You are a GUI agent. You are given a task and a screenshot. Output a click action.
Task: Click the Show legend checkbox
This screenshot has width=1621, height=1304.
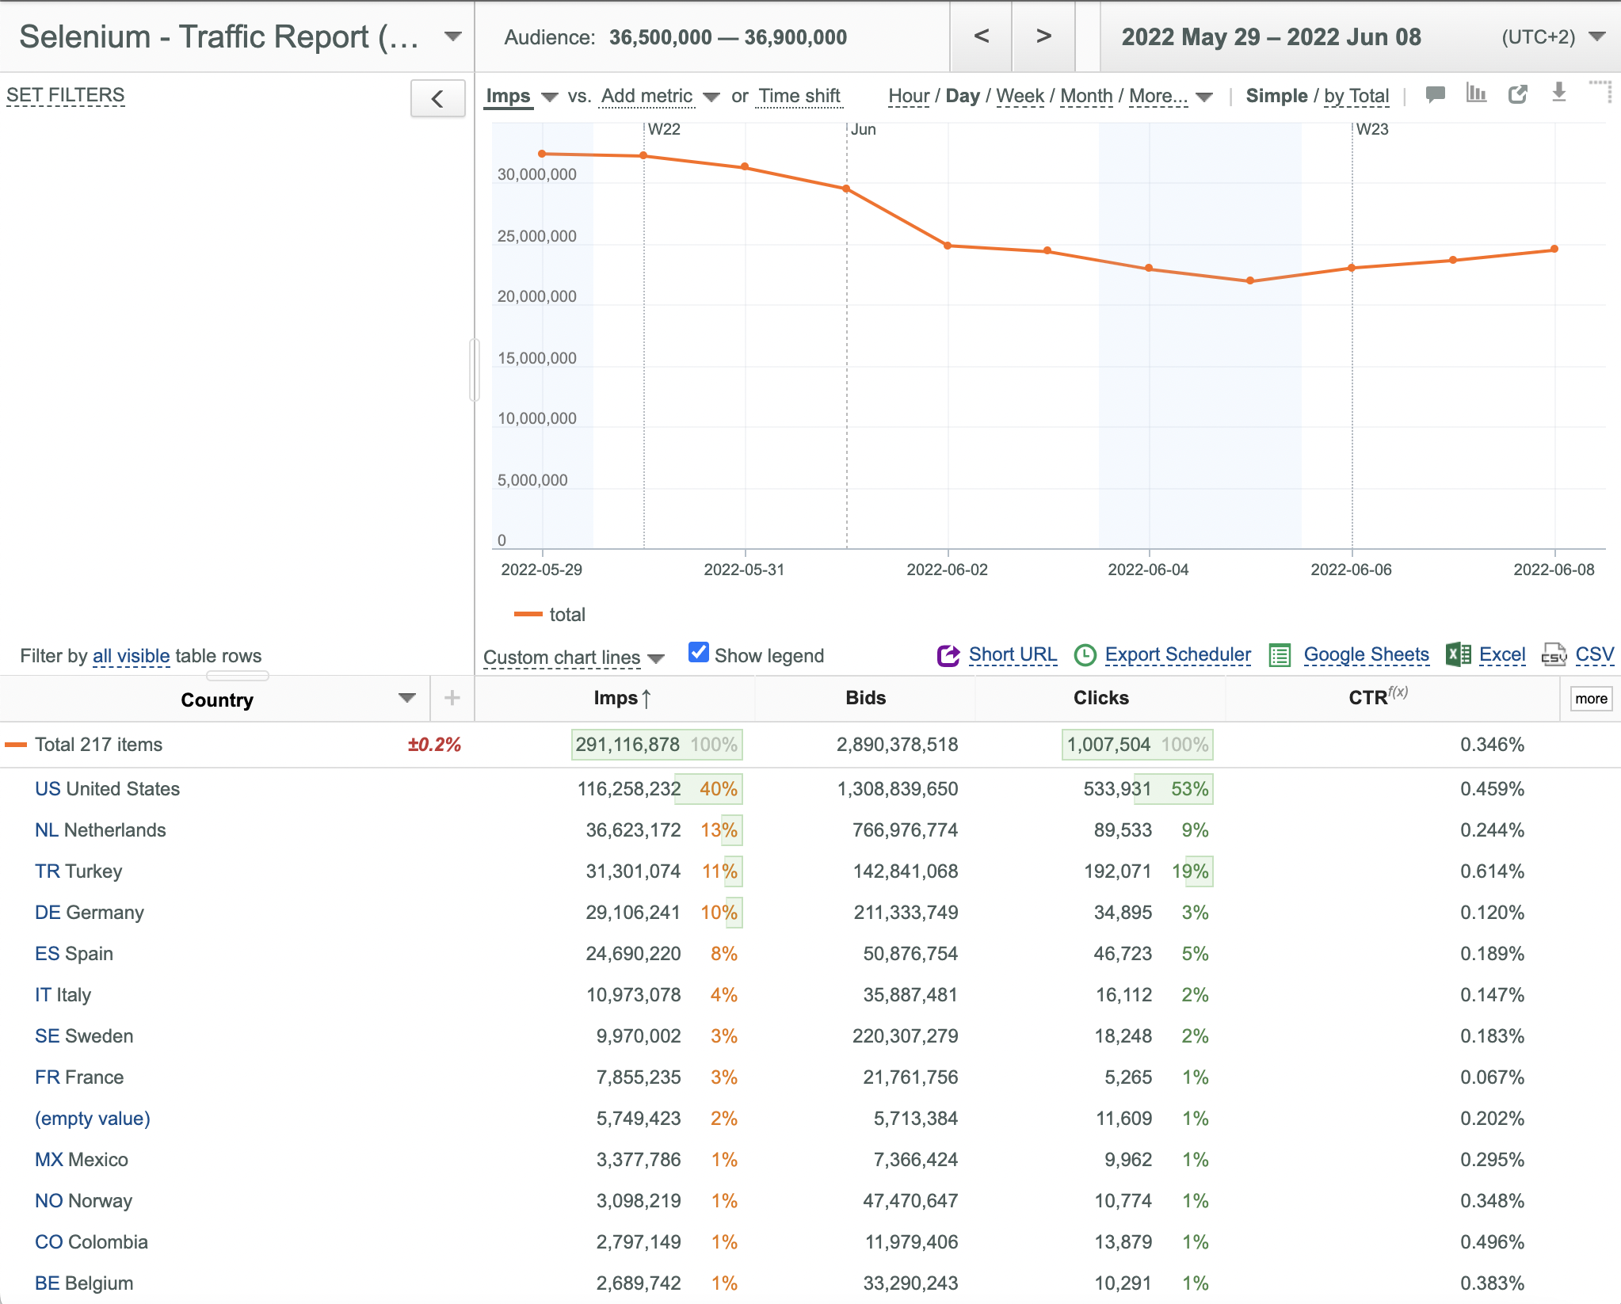coord(698,652)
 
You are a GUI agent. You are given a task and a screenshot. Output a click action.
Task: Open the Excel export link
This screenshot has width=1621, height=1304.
coord(1502,654)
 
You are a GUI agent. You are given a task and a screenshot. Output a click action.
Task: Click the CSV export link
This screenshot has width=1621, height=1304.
coord(1594,654)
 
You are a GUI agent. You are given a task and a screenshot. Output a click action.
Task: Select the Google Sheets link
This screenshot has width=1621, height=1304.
coord(1366,654)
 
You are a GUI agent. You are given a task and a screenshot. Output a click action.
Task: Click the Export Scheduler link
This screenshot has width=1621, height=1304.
coord(1178,654)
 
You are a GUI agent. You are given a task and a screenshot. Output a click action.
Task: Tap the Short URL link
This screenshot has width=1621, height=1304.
coord(1013,654)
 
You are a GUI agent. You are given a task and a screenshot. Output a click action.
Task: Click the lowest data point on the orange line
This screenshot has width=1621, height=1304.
coord(1250,280)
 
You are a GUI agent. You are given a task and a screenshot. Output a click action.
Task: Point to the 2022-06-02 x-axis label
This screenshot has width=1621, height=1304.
coord(948,570)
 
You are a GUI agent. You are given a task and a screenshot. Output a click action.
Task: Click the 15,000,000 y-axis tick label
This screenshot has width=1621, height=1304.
coord(537,358)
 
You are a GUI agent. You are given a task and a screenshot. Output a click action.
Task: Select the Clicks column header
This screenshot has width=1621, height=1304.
coord(1100,698)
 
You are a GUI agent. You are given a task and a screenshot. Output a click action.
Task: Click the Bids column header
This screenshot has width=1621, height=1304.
coord(865,698)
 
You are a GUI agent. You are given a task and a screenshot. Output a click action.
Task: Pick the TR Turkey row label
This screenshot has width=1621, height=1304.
coord(78,871)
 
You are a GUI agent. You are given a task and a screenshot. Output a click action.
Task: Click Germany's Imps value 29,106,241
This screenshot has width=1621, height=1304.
coord(633,913)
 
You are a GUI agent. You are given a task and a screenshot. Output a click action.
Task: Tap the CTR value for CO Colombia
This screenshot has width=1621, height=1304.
coord(1492,1242)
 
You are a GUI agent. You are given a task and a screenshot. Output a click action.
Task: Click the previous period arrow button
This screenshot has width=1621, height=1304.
coord(981,36)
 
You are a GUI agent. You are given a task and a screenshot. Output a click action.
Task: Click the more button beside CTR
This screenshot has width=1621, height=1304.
coord(1591,699)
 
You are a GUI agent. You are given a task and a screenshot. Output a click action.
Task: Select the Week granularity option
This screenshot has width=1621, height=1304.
coord(1020,96)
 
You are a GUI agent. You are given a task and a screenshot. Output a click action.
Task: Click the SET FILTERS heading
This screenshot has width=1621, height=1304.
coord(66,95)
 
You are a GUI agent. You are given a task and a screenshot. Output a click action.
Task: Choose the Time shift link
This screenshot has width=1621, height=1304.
coord(799,96)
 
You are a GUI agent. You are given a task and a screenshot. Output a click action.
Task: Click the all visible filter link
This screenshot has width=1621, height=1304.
coord(132,656)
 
